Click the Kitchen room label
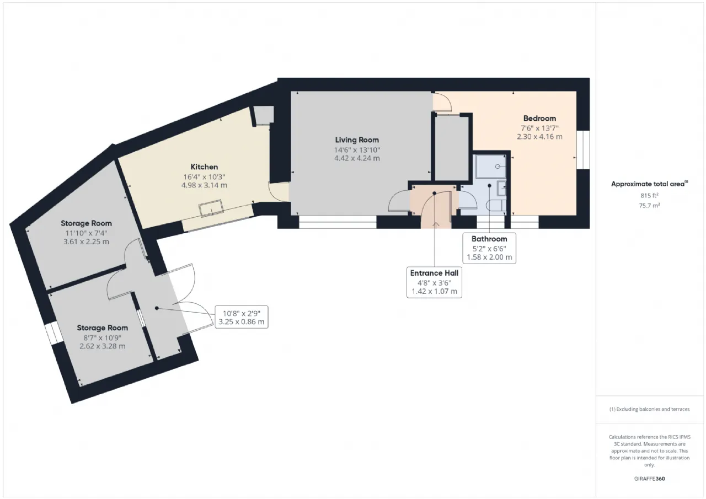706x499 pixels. (x=204, y=167)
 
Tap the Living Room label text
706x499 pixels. (x=357, y=140)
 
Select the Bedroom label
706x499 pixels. (x=539, y=119)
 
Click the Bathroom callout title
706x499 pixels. (x=489, y=239)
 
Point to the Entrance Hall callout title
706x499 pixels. (x=434, y=273)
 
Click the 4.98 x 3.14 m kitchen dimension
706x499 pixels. (x=204, y=185)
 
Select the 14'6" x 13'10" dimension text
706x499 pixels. (x=357, y=150)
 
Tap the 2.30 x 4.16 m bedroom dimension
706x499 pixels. (x=539, y=137)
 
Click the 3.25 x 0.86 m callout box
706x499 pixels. (x=242, y=317)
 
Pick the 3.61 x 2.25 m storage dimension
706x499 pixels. (x=87, y=242)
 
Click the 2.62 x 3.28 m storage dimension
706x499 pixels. (x=103, y=346)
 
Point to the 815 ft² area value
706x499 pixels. (x=650, y=195)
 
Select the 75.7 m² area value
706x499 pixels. (x=650, y=206)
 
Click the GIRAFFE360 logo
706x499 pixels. (x=650, y=479)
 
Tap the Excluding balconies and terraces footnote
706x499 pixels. (x=650, y=409)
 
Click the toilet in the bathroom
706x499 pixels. (x=496, y=206)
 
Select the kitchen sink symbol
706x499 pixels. (x=211, y=208)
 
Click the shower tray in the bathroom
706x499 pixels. (x=491, y=166)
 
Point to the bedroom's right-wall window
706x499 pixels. (x=584, y=150)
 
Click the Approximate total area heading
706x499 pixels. (x=650, y=184)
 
